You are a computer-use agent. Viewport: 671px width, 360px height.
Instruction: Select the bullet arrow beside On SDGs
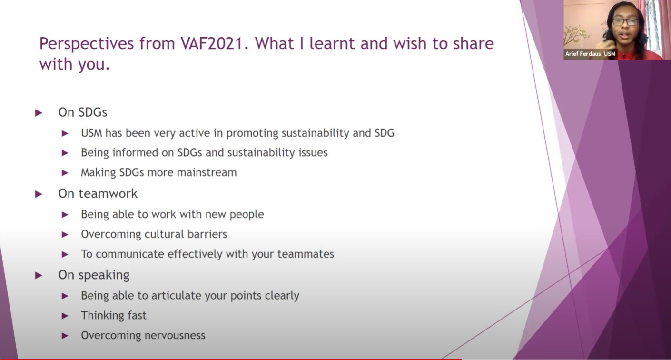pos(39,113)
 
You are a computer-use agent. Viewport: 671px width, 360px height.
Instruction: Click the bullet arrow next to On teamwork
pos(39,194)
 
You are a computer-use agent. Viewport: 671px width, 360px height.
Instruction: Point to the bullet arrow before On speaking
pos(39,275)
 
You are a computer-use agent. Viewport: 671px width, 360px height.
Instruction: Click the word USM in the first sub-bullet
pos(91,133)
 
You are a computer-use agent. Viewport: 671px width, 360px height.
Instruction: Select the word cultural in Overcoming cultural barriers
pos(164,234)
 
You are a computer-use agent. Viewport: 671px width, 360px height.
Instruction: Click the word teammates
pos(306,254)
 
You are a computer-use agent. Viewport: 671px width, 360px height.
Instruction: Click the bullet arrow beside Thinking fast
pos(65,316)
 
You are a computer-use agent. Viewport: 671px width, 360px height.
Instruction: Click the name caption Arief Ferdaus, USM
pos(590,54)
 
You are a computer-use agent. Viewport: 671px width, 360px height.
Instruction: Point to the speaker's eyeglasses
pos(625,22)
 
